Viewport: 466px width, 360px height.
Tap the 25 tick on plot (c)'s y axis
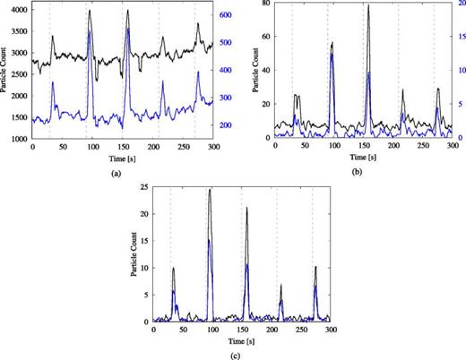[136, 190]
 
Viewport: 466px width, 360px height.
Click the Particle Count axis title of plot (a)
[5, 72]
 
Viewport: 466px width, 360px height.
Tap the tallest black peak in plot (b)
[368, 6]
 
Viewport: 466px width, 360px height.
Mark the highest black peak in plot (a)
[90, 12]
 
